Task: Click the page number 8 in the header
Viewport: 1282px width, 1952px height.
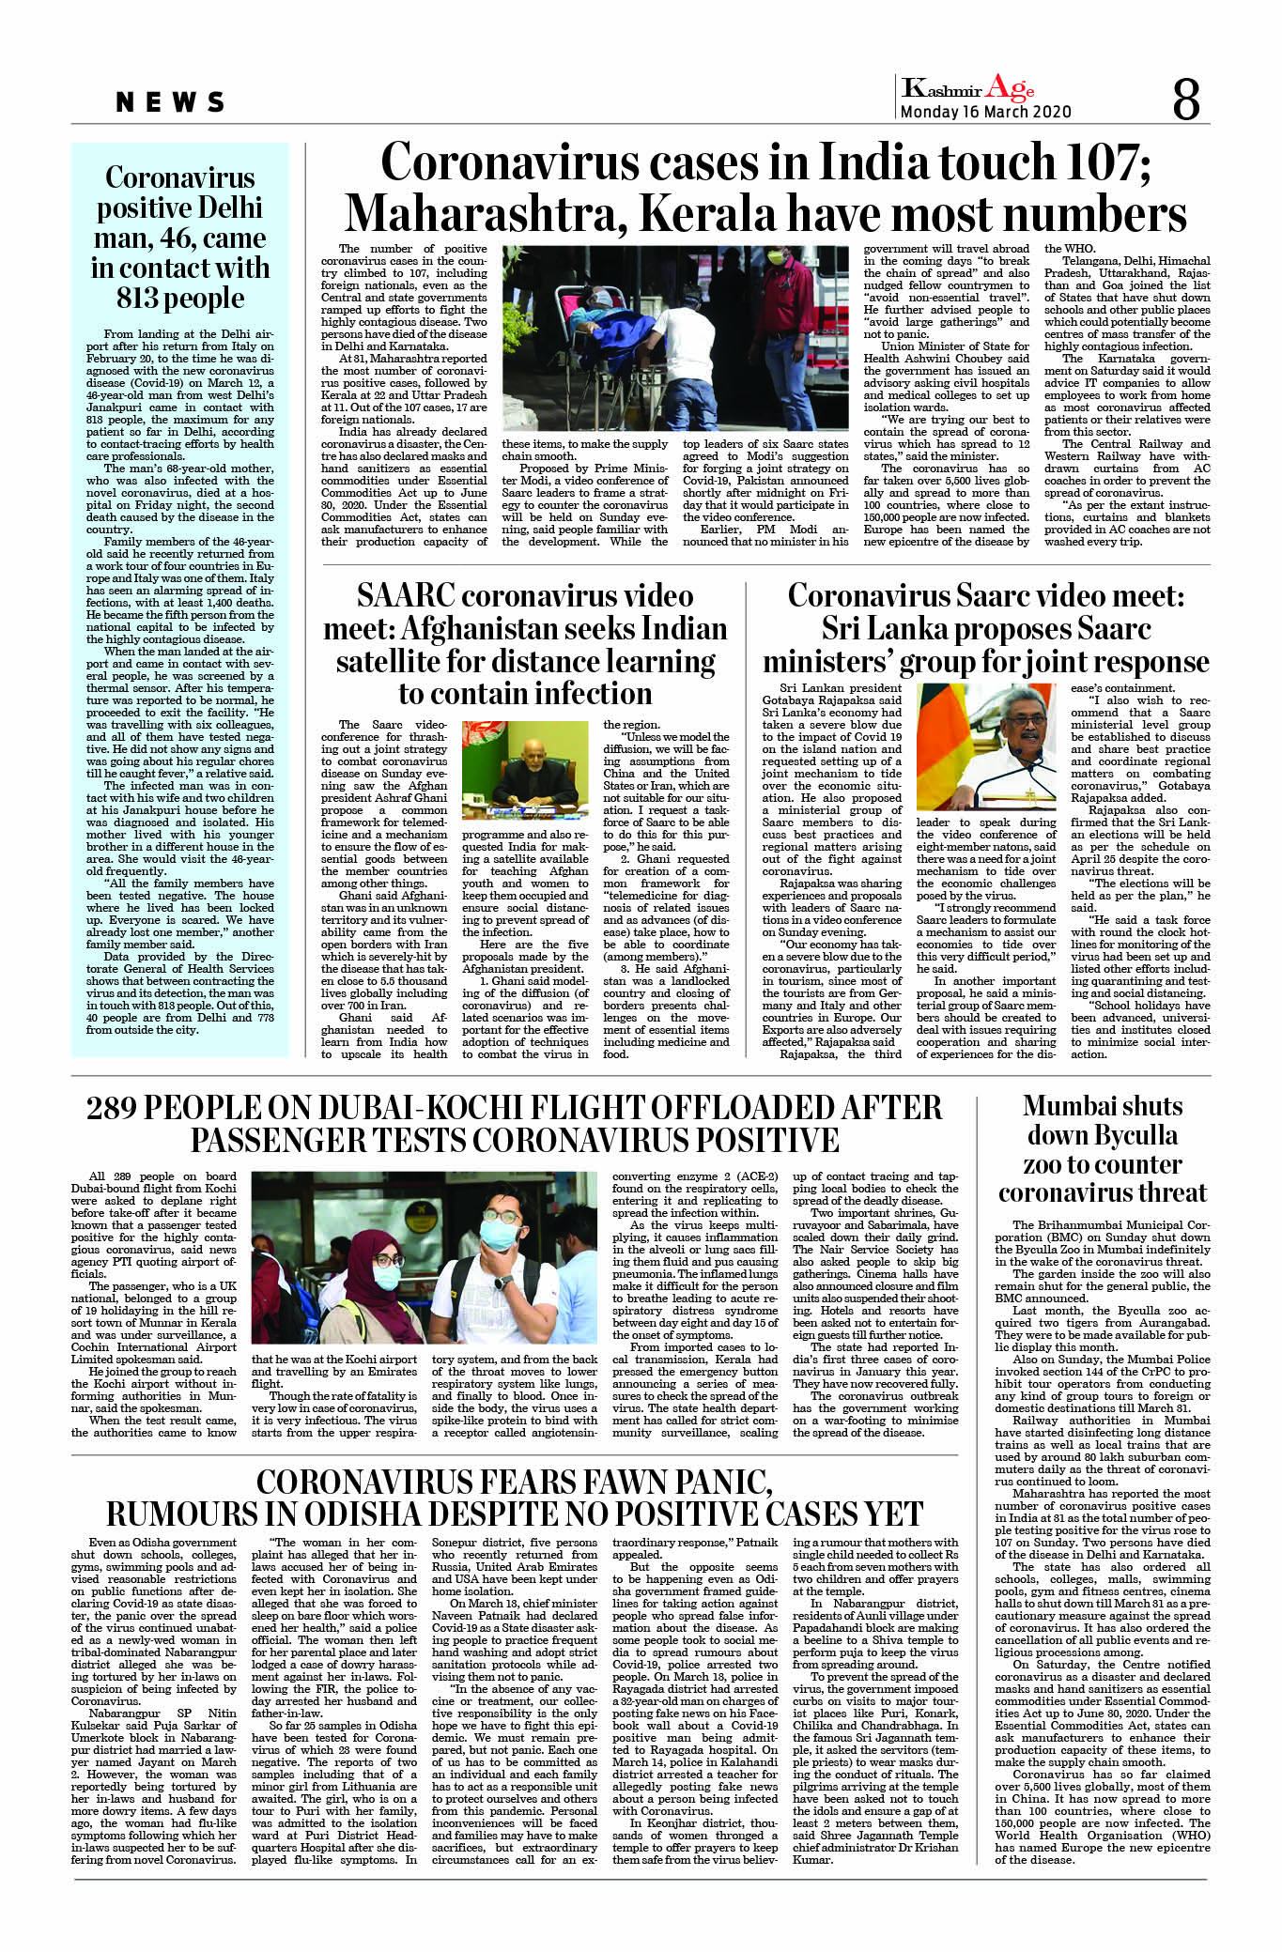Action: (1186, 99)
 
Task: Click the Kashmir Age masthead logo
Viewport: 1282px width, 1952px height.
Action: (967, 88)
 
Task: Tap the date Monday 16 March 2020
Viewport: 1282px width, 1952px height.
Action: (985, 112)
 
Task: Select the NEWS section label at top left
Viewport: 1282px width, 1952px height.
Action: (171, 102)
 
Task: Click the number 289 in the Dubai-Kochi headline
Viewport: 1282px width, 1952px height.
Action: (119, 1108)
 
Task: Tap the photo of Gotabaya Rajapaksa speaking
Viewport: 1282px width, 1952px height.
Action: (985, 746)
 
